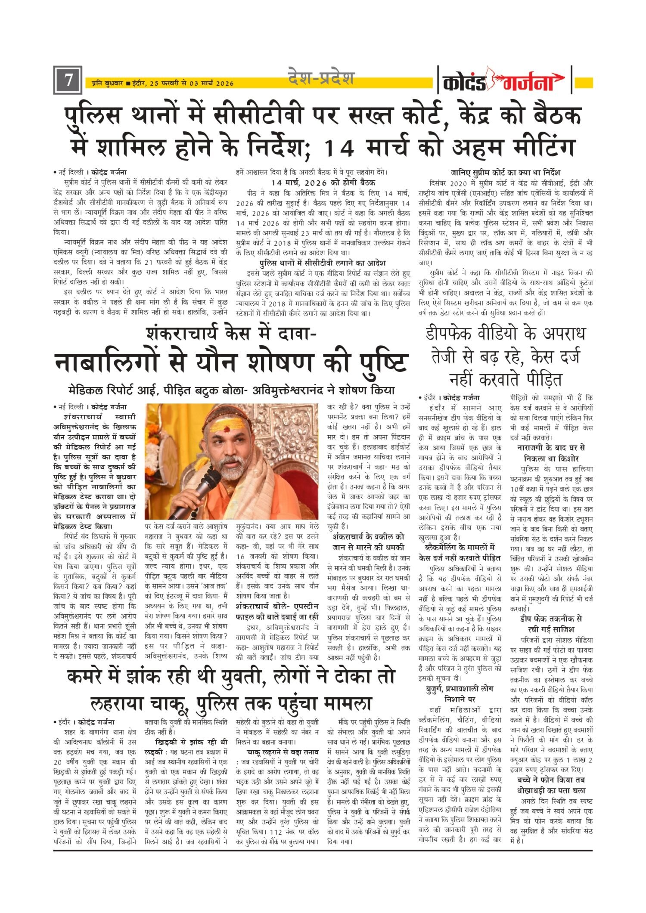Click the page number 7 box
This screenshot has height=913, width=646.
click(x=68, y=80)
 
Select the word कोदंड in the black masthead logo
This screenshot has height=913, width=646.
click(x=464, y=82)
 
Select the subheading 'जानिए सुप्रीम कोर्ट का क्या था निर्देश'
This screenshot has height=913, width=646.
click(x=506, y=173)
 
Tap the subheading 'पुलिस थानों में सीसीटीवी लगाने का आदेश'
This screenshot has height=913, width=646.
click(x=323, y=263)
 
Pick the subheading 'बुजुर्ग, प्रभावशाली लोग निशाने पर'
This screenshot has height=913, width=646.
click(x=460, y=693)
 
